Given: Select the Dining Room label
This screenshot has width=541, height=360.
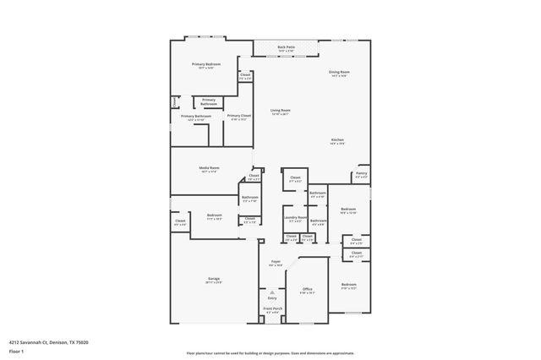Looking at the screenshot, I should (339, 74).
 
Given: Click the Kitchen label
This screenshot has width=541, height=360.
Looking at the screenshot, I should (337, 140).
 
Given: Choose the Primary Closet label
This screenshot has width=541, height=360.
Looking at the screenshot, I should (239, 117).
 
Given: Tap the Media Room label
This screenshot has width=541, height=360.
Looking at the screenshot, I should (209, 169).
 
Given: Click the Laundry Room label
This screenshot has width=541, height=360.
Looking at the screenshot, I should (294, 219).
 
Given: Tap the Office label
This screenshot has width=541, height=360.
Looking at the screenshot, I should (308, 291).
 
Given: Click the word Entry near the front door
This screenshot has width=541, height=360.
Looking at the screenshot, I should (272, 298).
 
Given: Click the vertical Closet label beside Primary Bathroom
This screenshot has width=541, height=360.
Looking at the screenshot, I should (175, 101).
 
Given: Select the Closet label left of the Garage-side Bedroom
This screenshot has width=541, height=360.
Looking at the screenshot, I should (180, 222).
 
